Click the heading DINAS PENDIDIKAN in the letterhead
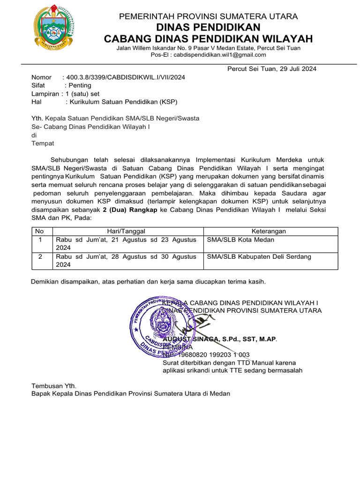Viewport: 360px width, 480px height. click(x=208, y=27)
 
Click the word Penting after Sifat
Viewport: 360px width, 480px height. click(x=80, y=85)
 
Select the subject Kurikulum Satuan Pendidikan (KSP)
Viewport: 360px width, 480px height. click(x=123, y=101)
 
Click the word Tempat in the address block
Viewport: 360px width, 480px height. click(x=43, y=143)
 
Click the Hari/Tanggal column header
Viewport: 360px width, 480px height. click(x=126, y=231)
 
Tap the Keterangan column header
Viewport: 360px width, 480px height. click(x=269, y=231)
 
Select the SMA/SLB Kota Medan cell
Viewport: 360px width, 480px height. click(x=240, y=240)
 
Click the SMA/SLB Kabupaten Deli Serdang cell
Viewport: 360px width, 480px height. click(x=259, y=257)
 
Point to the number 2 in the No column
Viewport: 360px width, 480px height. click(x=40, y=257)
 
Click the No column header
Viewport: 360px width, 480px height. click(x=40, y=231)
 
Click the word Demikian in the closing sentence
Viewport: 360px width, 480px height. click(x=45, y=282)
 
